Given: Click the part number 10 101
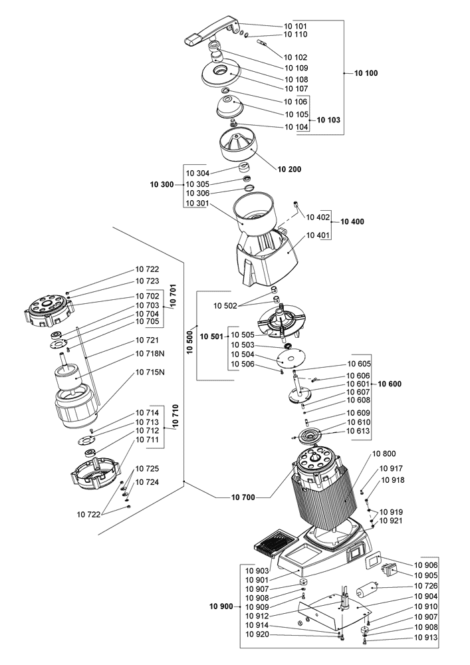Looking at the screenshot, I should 296,25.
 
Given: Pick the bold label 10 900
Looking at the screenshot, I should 221,607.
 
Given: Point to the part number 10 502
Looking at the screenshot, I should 225,305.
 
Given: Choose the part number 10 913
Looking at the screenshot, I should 427,636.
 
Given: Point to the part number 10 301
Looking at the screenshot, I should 197,203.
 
